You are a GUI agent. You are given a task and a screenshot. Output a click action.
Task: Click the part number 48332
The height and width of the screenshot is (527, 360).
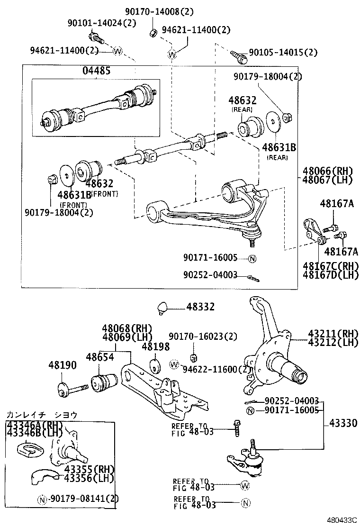[x=200, y=307]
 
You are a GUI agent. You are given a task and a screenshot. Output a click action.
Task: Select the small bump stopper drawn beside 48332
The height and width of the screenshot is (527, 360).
[x=163, y=307]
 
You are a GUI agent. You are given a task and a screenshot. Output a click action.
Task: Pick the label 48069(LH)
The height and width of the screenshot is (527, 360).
[x=126, y=337]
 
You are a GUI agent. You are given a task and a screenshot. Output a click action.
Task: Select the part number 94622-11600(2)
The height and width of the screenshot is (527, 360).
[x=218, y=369]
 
